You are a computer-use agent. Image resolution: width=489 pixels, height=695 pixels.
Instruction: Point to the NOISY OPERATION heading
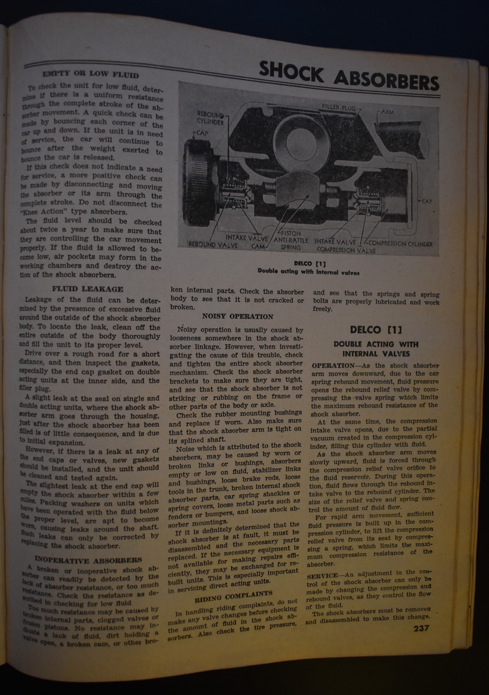tap(238, 317)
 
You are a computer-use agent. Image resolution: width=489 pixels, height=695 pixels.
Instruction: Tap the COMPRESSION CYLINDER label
tap(400, 244)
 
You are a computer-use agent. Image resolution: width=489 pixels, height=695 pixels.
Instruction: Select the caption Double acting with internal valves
tap(308, 272)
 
